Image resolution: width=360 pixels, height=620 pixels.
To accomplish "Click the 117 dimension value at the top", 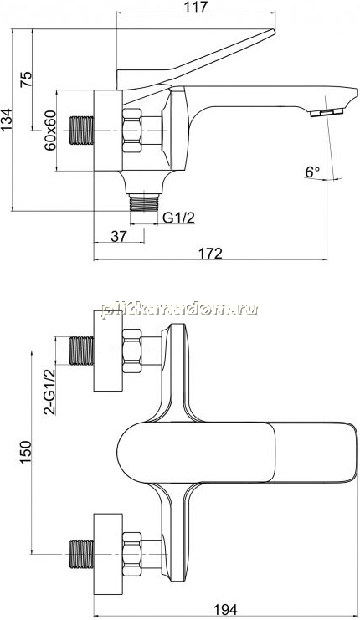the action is pos(196,7).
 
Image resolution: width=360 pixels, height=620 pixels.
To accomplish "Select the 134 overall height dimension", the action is pos(7,120).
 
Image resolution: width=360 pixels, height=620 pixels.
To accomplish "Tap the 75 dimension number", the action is pos(25,80).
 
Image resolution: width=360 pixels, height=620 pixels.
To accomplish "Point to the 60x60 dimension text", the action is pos(50,131).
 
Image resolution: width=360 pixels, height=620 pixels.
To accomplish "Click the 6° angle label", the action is pos(312,172).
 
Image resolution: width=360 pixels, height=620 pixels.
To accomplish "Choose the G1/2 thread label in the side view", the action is pos(179,218).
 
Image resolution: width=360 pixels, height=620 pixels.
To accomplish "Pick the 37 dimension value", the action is pos(119,236).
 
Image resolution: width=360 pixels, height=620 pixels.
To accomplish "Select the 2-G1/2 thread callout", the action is pos(49,391).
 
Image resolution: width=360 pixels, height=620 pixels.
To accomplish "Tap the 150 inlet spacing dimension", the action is pos(25,453).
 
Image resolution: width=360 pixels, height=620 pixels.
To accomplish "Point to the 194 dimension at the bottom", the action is pos(225,609).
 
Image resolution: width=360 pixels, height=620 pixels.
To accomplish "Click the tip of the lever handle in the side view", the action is pos(273,31).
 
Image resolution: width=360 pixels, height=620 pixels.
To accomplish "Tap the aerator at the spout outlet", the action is pos(327,113).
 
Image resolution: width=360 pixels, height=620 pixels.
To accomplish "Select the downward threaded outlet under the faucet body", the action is pos(144,202).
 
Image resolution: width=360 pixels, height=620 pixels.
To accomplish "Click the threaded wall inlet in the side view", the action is pos(82,130).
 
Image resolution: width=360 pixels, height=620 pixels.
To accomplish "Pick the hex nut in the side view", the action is pos(131,131).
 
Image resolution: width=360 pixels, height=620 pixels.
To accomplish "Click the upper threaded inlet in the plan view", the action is pos(82,351).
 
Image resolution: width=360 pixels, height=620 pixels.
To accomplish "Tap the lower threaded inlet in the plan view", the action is pos(82,554).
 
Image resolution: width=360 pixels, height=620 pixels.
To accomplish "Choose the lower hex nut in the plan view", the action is pos(131,554).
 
